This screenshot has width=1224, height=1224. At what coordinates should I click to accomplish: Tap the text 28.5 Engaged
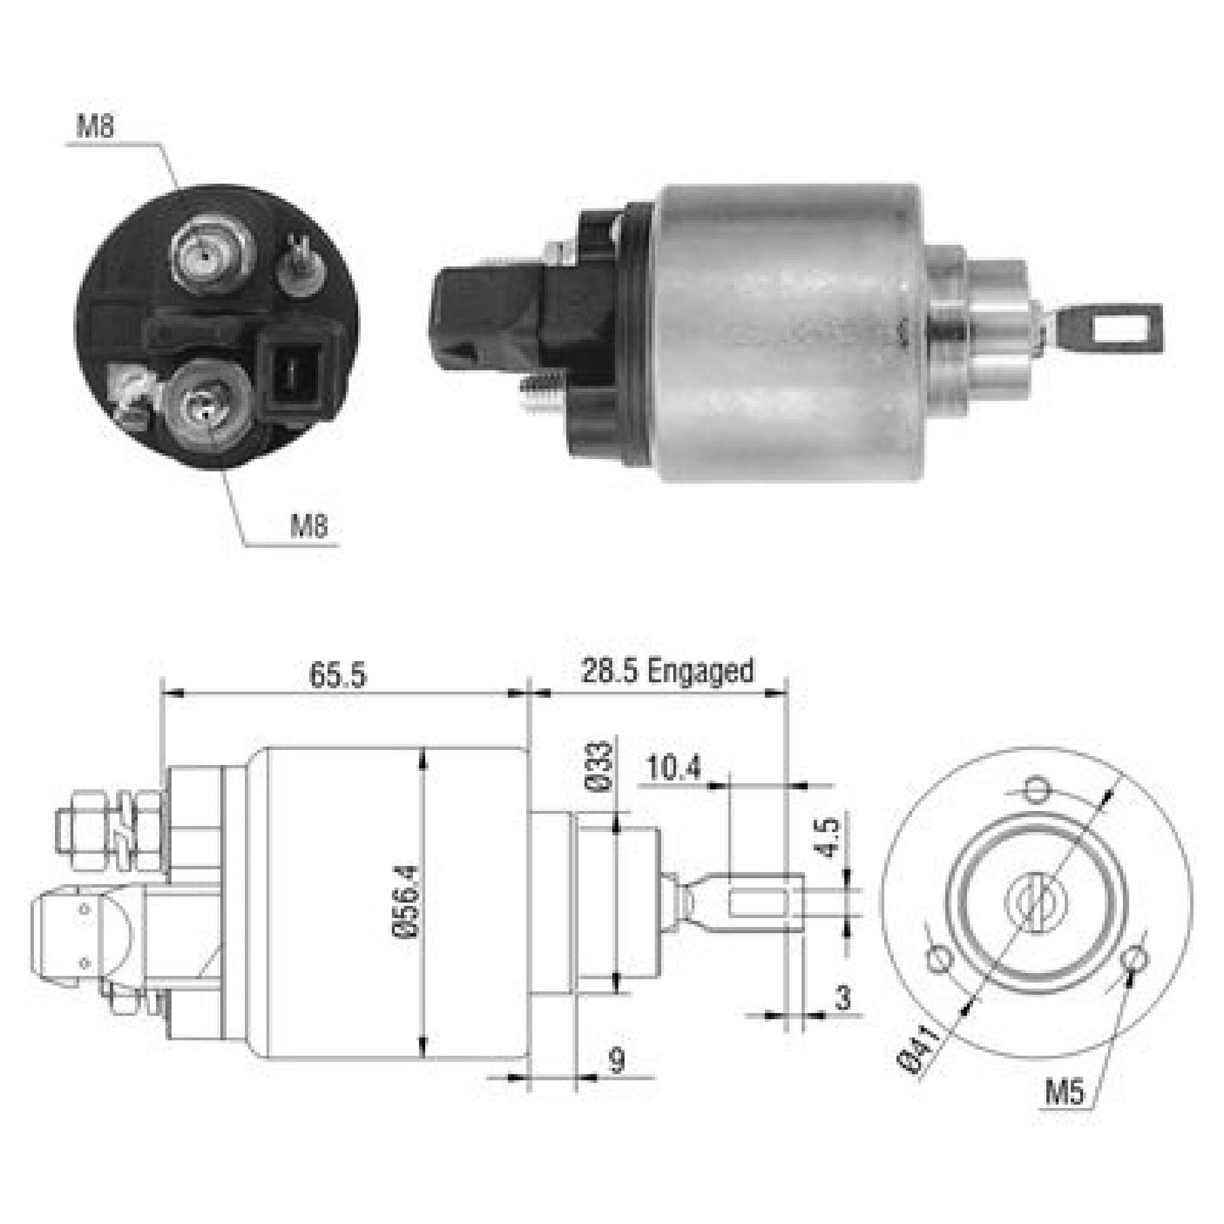tap(667, 671)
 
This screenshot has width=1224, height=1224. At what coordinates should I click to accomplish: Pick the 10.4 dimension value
tap(673, 769)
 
